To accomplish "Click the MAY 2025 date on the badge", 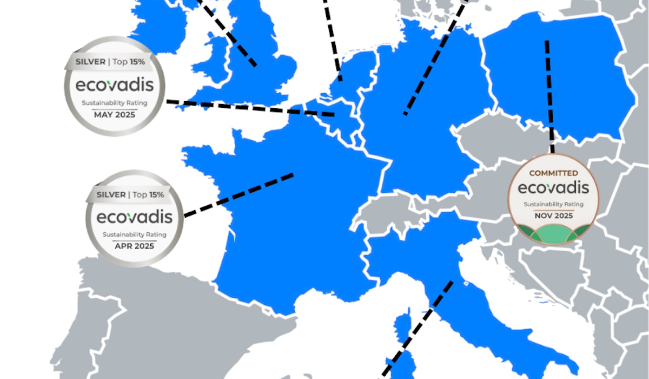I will point(115,115).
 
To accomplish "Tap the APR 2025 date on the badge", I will point(134,246).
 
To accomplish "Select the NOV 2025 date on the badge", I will point(553,215).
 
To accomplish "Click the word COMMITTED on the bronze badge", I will point(553,173).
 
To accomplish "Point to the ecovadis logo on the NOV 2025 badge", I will point(553,188).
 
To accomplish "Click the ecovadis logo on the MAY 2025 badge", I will point(115,86).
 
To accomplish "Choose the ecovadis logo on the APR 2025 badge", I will point(134,218).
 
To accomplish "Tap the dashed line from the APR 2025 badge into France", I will point(238,195).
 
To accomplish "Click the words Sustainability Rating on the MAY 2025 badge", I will point(115,103).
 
